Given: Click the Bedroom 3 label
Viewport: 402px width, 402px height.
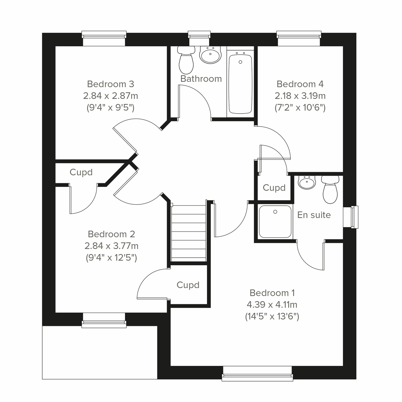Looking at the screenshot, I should pyautogui.click(x=111, y=84).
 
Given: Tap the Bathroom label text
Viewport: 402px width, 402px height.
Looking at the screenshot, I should pyautogui.click(x=201, y=79).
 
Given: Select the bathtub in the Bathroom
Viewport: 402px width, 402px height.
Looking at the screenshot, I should pyautogui.click(x=240, y=84).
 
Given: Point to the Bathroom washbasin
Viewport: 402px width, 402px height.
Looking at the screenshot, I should pyautogui.click(x=210, y=54).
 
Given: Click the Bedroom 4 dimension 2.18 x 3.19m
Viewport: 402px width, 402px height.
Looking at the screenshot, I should pyautogui.click(x=300, y=96).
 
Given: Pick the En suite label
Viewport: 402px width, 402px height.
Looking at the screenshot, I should pyautogui.click(x=314, y=215).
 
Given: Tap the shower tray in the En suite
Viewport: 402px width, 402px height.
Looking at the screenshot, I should pyautogui.click(x=275, y=221).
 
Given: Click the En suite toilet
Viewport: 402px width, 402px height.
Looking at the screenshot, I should pyautogui.click(x=330, y=190).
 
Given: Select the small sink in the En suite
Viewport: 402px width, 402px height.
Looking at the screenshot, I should pyautogui.click(x=307, y=183).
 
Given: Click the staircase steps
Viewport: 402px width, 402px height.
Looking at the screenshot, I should pyautogui.click(x=188, y=233).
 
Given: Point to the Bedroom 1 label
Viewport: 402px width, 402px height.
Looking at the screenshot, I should pyautogui.click(x=272, y=293).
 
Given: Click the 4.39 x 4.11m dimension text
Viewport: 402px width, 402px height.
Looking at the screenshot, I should pyautogui.click(x=272, y=305).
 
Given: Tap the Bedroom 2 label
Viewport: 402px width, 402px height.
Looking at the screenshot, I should pyautogui.click(x=111, y=234).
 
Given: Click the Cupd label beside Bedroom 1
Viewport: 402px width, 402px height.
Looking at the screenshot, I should pyautogui.click(x=188, y=285).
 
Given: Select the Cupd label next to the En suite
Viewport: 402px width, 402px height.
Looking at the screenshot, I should pyautogui.click(x=274, y=188).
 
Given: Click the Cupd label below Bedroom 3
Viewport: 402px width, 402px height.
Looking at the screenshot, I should pyautogui.click(x=81, y=172).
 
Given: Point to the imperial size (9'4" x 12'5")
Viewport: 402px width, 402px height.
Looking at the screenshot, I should pyautogui.click(x=111, y=258).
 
